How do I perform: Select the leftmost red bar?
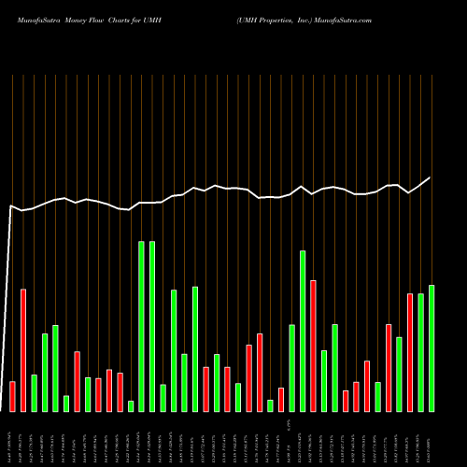click(x=12, y=396)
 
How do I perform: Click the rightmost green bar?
click(x=432, y=347)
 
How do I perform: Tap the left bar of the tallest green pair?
click(x=142, y=326)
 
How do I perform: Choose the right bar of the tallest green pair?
click(x=152, y=326)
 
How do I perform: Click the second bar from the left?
click(x=23, y=350)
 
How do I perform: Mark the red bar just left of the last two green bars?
click(x=410, y=352)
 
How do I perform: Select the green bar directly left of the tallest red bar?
click(x=303, y=331)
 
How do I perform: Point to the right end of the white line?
click(x=431, y=177)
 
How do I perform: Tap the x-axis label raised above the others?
click(x=290, y=426)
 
